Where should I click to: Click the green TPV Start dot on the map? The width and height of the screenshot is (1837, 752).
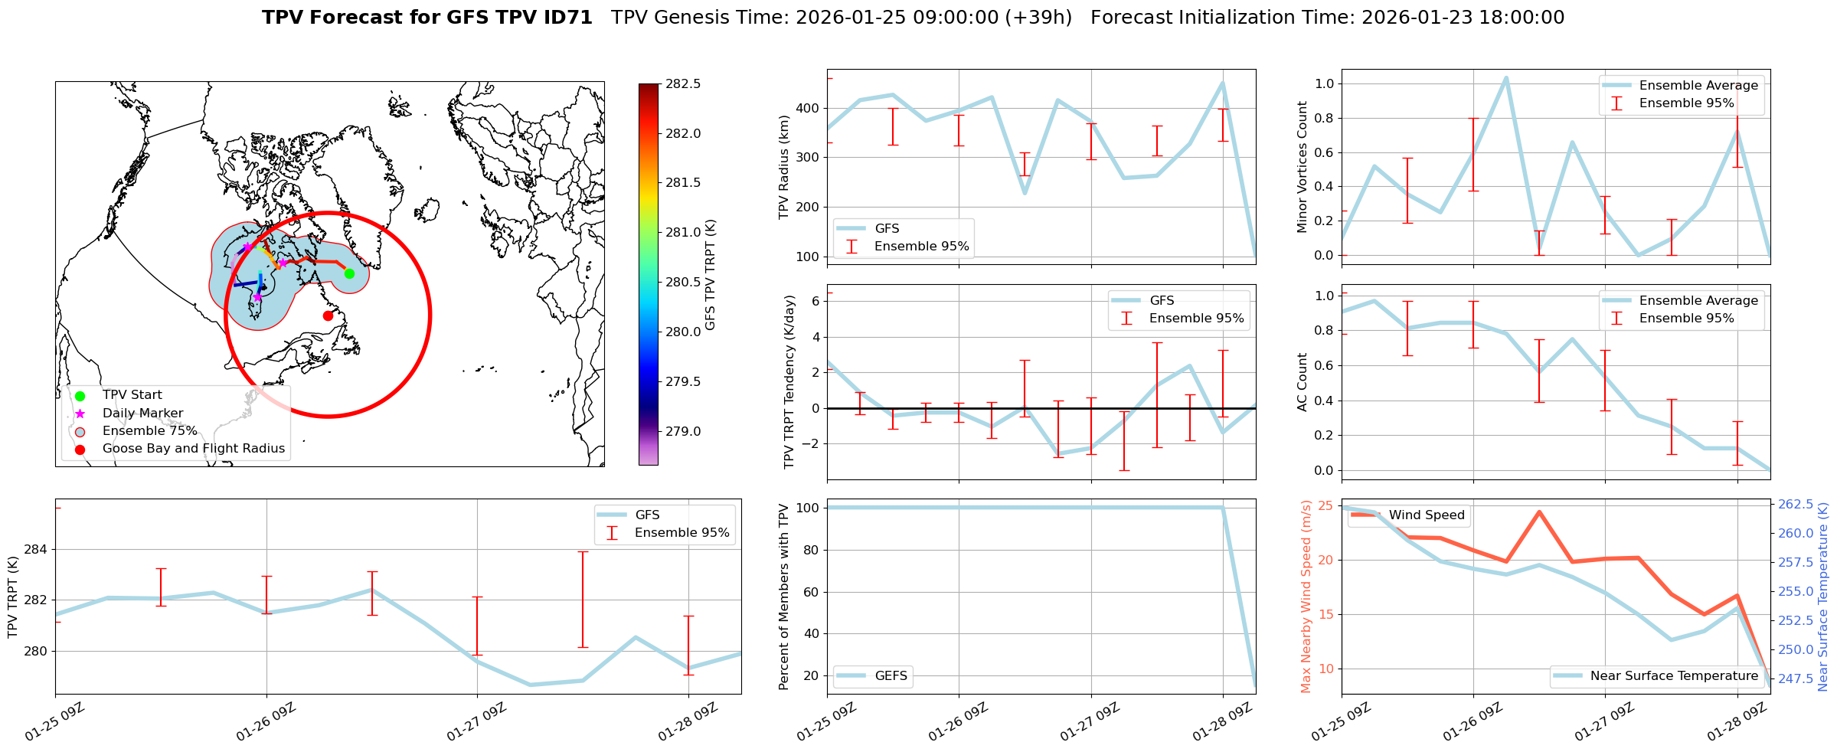pyautogui.click(x=349, y=273)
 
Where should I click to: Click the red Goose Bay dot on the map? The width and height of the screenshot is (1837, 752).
pyautogui.click(x=328, y=316)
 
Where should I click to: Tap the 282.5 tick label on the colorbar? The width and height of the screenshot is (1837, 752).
pyautogui.click(x=683, y=83)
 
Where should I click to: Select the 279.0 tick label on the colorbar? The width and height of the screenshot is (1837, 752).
pyautogui.click(x=683, y=431)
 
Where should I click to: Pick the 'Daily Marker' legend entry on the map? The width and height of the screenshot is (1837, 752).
pyautogui.click(x=142, y=414)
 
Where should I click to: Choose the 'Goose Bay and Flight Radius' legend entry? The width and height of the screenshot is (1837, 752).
pyautogui.click(x=193, y=449)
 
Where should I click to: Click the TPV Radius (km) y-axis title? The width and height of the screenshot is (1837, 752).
pyautogui.click(x=784, y=167)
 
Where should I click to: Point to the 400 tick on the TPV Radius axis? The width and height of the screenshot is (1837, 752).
pyautogui.click(x=808, y=108)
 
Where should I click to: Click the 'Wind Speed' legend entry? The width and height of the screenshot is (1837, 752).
pyautogui.click(x=1426, y=515)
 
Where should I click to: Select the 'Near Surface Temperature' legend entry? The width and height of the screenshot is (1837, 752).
pyautogui.click(x=1673, y=675)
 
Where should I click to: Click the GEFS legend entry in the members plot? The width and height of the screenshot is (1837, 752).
pyautogui.click(x=891, y=675)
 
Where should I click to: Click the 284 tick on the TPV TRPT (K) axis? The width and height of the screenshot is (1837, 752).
pyautogui.click(x=35, y=549)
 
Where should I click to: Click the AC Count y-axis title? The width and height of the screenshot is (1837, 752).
pyautogui.click(x=1303, y=382)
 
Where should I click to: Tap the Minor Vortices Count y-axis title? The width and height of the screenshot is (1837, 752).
pyautogui.click(x=1303, y=167)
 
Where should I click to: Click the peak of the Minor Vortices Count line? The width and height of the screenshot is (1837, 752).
pyautogui.click(x=1506, y=77)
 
